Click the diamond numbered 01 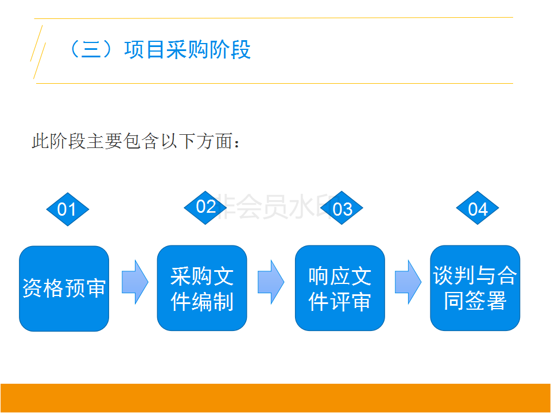tap(67, 209)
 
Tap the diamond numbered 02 tap(205, 206)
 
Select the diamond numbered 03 tap(342, 209)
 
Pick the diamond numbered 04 tap(478, 209)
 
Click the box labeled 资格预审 tap(64, 289)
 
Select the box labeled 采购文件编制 tap(202, 289)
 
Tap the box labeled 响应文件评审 tap(340, 289)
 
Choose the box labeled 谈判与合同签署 tap(475, 289)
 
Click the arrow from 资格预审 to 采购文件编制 tap(135, 282)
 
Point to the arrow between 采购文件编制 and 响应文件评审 tap(271, 282)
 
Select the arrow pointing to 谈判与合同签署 tap(408, 282)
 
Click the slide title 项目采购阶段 tap(187, 50)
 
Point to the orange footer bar tap(275, 398)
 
